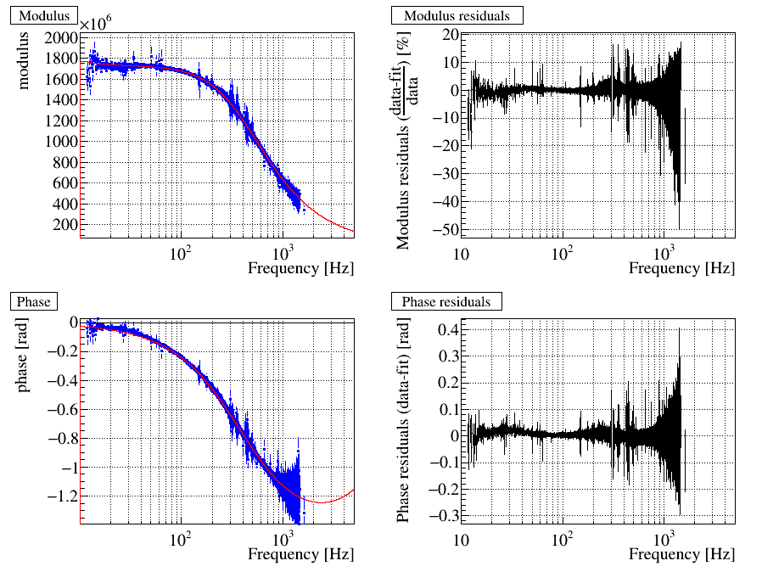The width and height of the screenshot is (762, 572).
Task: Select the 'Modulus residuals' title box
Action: coord(457,16)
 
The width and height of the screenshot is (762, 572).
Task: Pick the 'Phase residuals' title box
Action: coord(445,301)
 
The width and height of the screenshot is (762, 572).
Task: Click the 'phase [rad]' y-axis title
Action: coord(23,357)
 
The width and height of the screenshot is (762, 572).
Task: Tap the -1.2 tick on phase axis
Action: coord(60,496)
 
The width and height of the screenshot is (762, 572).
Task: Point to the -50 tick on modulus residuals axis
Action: coord(445,230)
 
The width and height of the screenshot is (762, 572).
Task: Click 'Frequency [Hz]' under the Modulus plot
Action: coord(300,268)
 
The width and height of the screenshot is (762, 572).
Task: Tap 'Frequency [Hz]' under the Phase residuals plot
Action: coord(681,554)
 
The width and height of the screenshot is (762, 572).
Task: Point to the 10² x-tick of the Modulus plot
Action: coord(179,253)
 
